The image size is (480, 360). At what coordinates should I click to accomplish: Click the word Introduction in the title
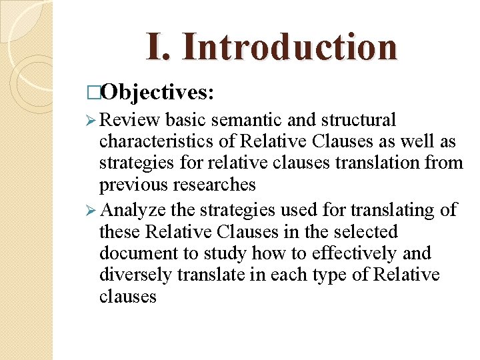pyautogui.click(x=289, y=46)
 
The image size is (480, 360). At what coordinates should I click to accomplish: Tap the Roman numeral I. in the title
pyautogui.click(x=159, y=46)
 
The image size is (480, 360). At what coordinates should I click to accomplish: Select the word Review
pyautogui.click(x=130, y=120)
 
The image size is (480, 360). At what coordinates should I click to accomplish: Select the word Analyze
pyautogui.click(x=135, y=211)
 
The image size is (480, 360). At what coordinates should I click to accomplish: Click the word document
pyautogui.click(x=138, y=254)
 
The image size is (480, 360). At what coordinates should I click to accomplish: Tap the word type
pyautogui.click(x=350, y=275)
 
